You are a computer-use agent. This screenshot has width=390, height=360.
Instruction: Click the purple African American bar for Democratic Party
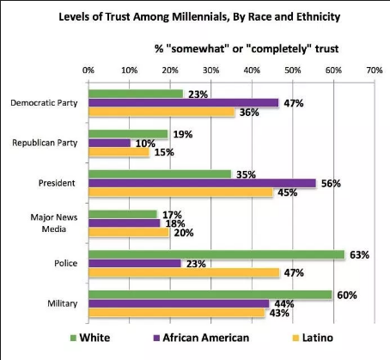coord(184,103)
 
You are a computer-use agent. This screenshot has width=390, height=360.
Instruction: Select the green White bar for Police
coord(216,254)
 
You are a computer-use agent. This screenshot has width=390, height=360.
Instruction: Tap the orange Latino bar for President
coord(181,192)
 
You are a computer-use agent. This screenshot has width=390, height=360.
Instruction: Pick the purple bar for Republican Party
coord(110,143)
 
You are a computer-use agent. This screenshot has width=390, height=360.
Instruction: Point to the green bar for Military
coord(210,295)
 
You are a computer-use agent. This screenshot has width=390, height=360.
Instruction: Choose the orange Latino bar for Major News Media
coord(129,232)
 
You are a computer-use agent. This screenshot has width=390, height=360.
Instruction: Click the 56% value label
coord(331,184)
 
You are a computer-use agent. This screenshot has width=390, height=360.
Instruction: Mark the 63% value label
coord(359,255)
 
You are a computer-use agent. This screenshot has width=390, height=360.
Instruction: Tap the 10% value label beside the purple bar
coord(145,143)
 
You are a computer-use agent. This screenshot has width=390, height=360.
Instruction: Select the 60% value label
coord(347,295)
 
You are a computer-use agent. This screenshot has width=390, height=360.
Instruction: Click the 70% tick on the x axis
coord(375,70)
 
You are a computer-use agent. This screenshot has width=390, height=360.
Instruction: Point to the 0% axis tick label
coord(88,70)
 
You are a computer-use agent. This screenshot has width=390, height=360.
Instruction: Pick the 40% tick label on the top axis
coord(252,70)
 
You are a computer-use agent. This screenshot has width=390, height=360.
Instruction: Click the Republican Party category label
coord(45,143)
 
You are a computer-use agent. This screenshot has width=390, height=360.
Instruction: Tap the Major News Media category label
coord(54,223)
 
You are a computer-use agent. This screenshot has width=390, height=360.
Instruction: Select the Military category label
coord(63,303)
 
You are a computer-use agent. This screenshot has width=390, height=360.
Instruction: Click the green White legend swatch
coord(73,338)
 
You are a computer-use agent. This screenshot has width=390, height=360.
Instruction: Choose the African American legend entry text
coord(206,338)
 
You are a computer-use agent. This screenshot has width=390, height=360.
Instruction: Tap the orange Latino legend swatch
coord(296,338)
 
